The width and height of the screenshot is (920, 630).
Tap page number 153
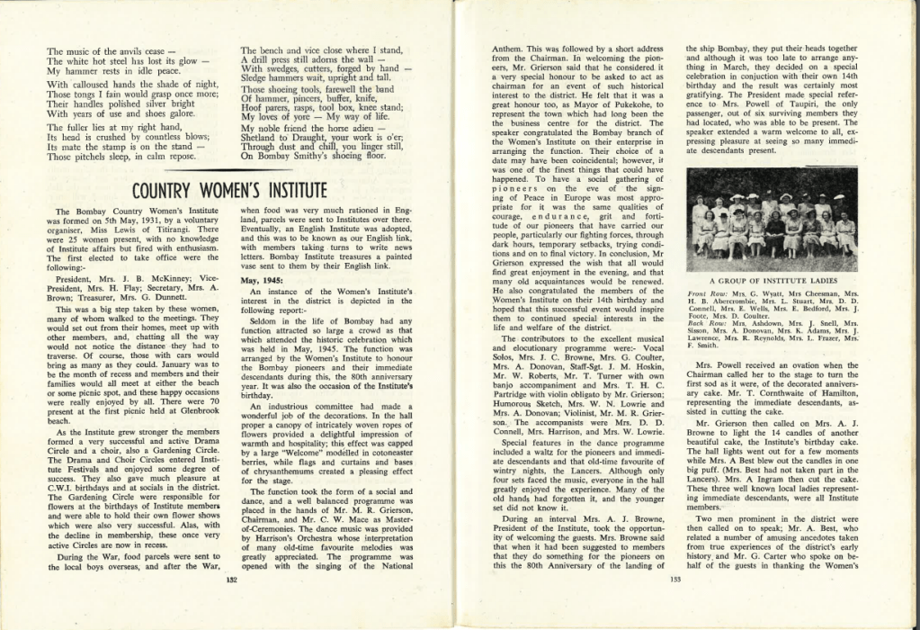click(676, 580)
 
